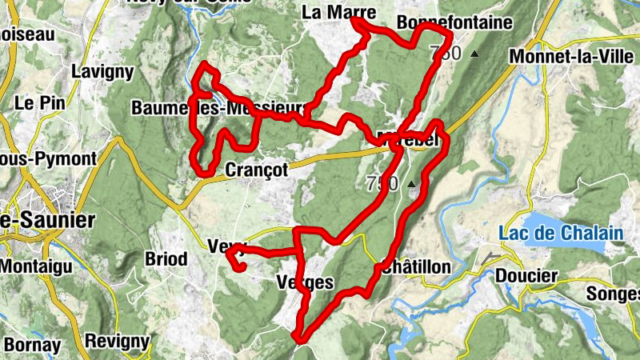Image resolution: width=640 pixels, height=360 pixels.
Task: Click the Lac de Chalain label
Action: click(x=560, y=234)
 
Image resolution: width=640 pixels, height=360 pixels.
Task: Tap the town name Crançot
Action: click(x=257, y=170)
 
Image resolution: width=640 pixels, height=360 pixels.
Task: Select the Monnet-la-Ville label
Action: click(x=565, y=58)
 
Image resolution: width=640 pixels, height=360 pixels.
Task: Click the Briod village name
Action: click(x=166, y=259)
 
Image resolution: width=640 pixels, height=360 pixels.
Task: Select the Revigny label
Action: click(x=118, y=342)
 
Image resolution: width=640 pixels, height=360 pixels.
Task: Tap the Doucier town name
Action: click(x=526, y=276)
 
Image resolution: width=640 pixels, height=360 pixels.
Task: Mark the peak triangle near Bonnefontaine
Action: click(x=474, y=54)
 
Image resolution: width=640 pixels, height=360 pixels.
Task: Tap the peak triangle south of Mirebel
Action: click(x=412, y=184)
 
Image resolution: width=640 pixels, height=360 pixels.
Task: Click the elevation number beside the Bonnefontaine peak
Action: click(x=446, y=54)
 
